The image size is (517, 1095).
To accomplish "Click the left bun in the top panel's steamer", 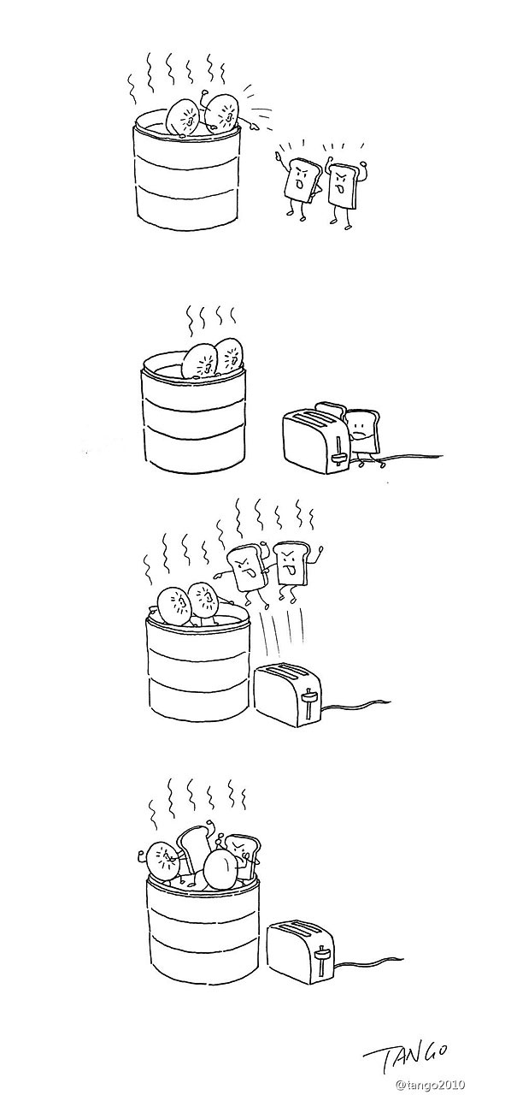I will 185,118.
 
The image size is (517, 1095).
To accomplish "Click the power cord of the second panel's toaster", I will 410,462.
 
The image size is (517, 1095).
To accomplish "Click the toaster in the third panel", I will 287,695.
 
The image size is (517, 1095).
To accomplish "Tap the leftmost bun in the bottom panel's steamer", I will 162,860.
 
